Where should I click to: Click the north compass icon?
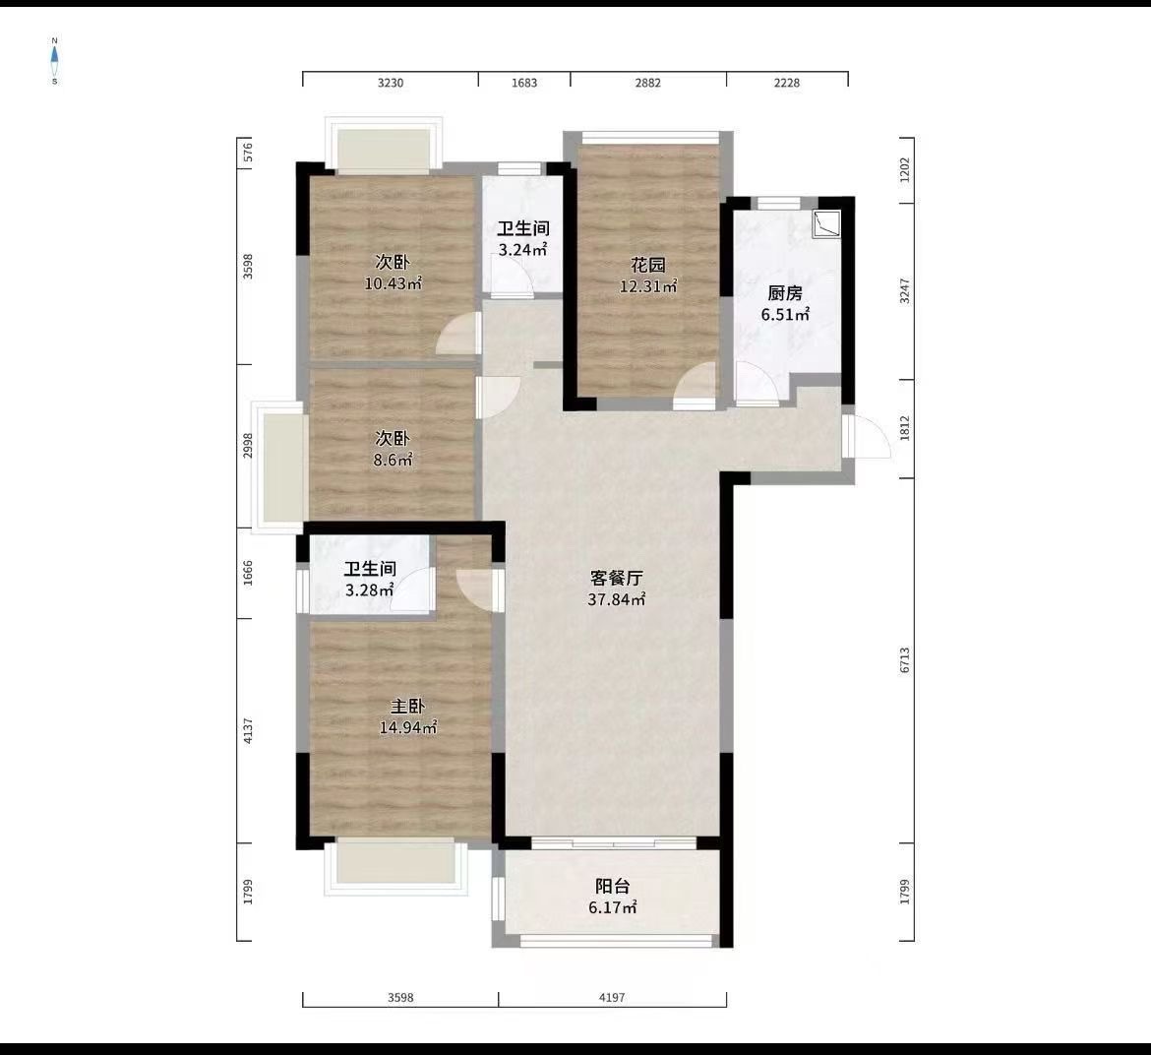coord(55,60)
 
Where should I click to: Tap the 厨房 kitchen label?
coord(785,292)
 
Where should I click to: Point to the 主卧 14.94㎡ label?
coord(408,716)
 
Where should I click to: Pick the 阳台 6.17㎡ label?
coord(613,897)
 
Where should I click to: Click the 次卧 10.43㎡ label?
coord(393,273)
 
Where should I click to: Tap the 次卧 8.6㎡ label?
coord(393,449)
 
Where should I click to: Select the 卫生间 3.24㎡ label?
coord(522,239)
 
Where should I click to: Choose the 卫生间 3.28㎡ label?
coord(369,580)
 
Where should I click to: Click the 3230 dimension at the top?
coord(391,83)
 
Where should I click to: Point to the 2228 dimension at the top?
coord(786,83)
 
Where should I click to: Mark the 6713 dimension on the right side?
coord(904,660)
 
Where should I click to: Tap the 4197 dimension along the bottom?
coord(612,997)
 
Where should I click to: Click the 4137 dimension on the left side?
coord(248,729)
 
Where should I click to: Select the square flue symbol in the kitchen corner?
coord(827,224)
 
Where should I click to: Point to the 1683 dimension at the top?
coord(524,83)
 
